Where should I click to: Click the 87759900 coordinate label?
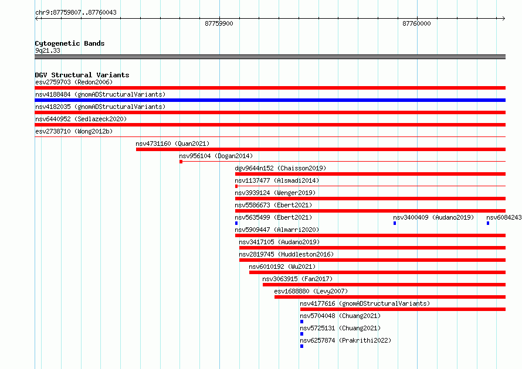coord(219,23)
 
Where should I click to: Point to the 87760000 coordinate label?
coord(416,23)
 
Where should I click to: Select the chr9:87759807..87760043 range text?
coord(76,12)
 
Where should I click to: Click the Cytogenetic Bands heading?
coord(70,43)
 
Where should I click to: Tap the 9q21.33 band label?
coord(48,50)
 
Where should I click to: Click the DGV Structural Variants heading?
coord(82,75)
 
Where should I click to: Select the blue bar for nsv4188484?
coord(270,100)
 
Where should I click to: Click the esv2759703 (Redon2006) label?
coord(74,82)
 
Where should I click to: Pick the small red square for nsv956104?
coord(181,162)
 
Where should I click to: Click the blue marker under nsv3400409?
coord(395,223)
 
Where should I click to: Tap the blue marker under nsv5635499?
coord(236,223)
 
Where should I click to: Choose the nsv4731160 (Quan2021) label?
coord(172,143)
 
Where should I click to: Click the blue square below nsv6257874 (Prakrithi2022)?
coord(301,346)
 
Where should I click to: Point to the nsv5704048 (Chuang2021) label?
coord(340,316)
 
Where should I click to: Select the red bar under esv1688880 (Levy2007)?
coord(390,297)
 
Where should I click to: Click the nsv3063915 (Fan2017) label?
coord(297,279)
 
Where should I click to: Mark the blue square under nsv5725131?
coord(301,334)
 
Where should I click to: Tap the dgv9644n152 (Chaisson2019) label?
coord(280,168)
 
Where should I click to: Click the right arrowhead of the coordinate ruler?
coord(504,19)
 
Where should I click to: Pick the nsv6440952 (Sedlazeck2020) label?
coord(81,119)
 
